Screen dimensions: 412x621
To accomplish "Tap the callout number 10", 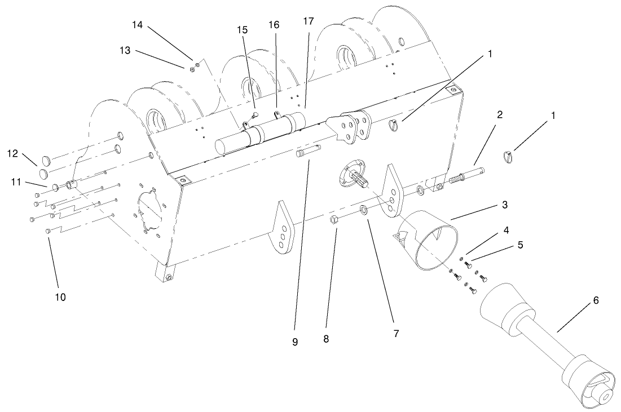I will (60, 297).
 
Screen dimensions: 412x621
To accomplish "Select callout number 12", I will (12, 153).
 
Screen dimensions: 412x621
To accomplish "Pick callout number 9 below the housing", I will (294, 342).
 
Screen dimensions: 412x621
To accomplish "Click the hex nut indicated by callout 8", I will (334, 220).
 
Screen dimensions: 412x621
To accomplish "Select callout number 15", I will (243, 29).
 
